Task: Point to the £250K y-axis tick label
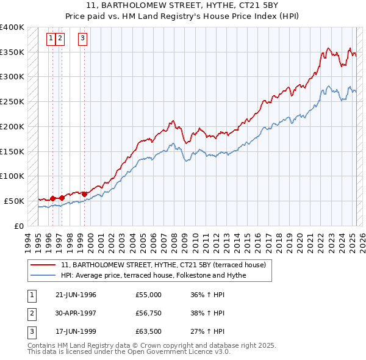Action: pyautogui.click(x=12, y=101)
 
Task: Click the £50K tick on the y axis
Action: pyautogui.click(x=14, y=201)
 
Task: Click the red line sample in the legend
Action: pyautogui.click(x=42, y=265)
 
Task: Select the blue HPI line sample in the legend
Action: pyautogui.click(x=42, y=276)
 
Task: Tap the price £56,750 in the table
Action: pyautogui.click(x=149, y=314)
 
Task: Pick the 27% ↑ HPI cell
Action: pyautogui.click(x=207, y=333)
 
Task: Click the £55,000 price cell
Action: pyautogui.click(x=149, y=295)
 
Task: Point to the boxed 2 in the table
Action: pyautogui.click(x=30, y=314)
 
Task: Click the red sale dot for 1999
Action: pyautogui.click(x=84, y=194)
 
